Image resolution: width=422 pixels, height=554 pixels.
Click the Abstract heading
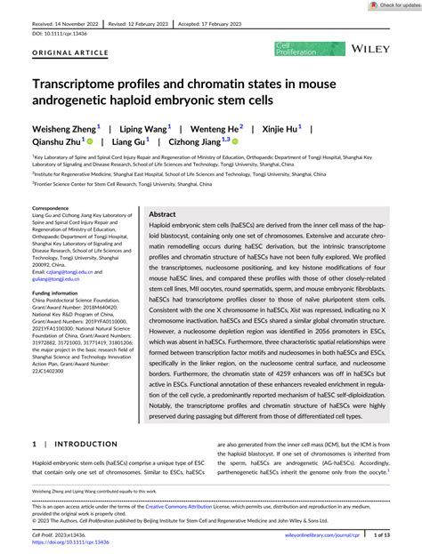pos(162,214)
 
